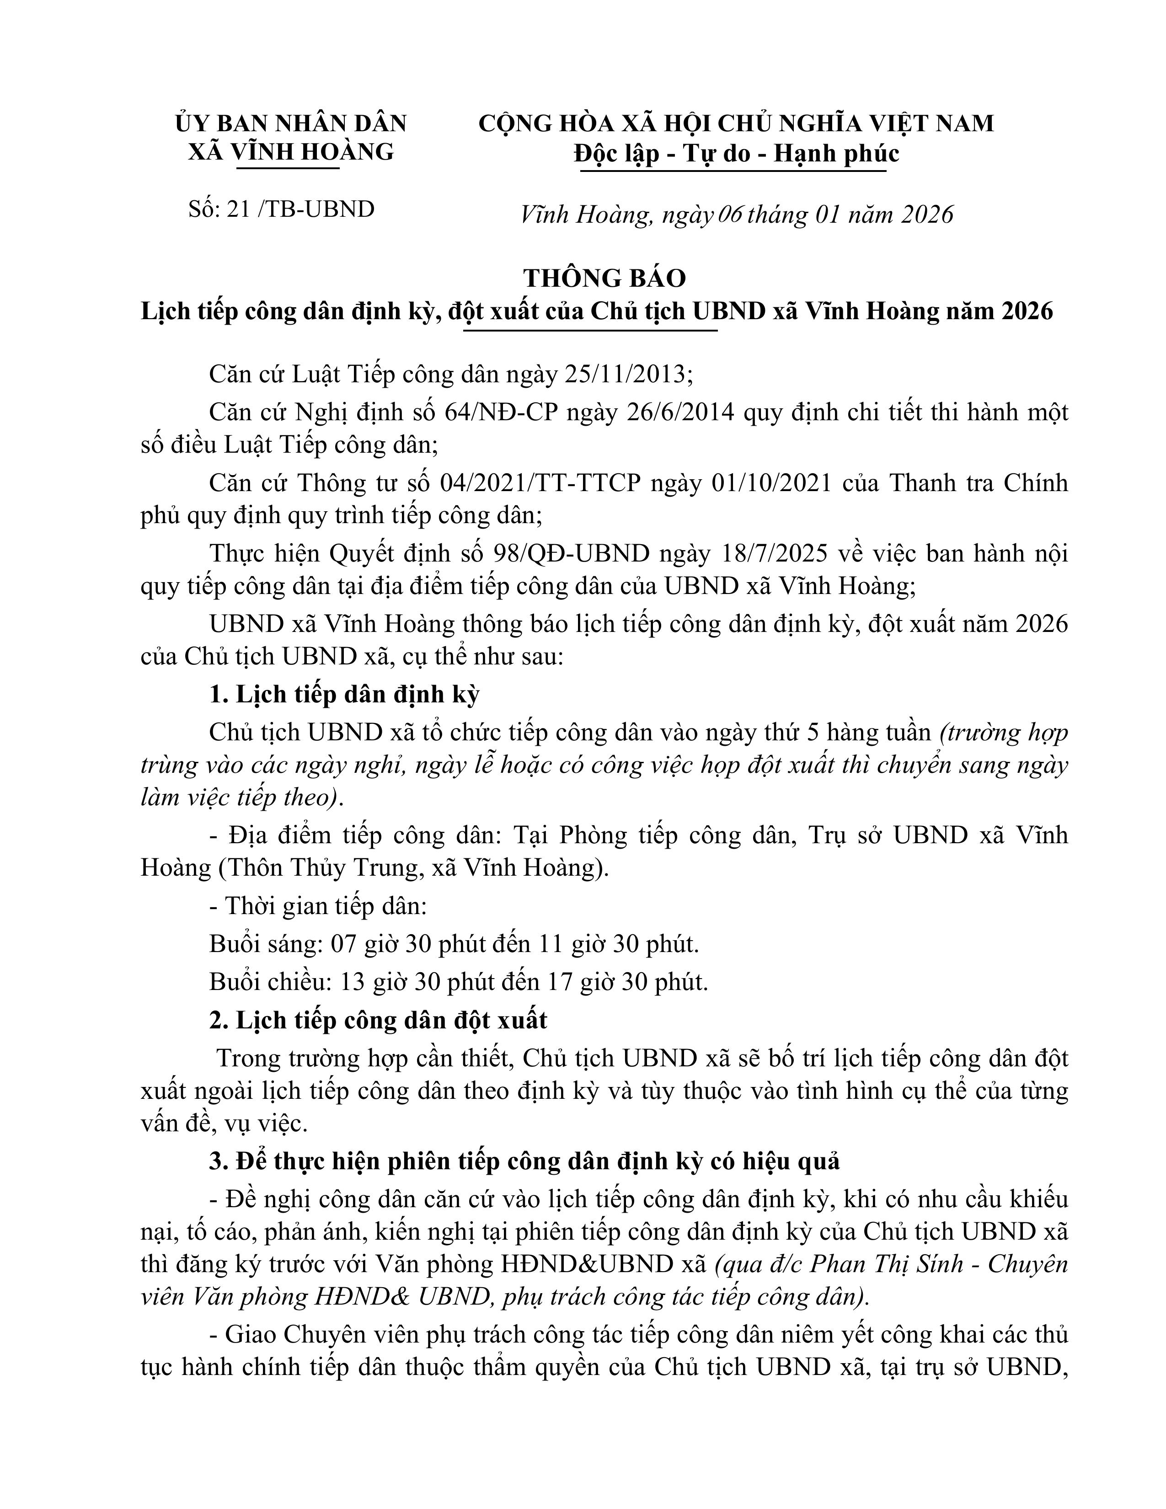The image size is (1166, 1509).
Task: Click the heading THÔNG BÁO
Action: tap(604, 278)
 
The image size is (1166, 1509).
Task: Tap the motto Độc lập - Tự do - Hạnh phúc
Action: tap(736, 153)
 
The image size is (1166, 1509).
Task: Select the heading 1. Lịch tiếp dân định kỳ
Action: tap(344, 695)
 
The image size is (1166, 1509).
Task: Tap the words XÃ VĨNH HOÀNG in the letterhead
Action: tap(291, 151)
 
